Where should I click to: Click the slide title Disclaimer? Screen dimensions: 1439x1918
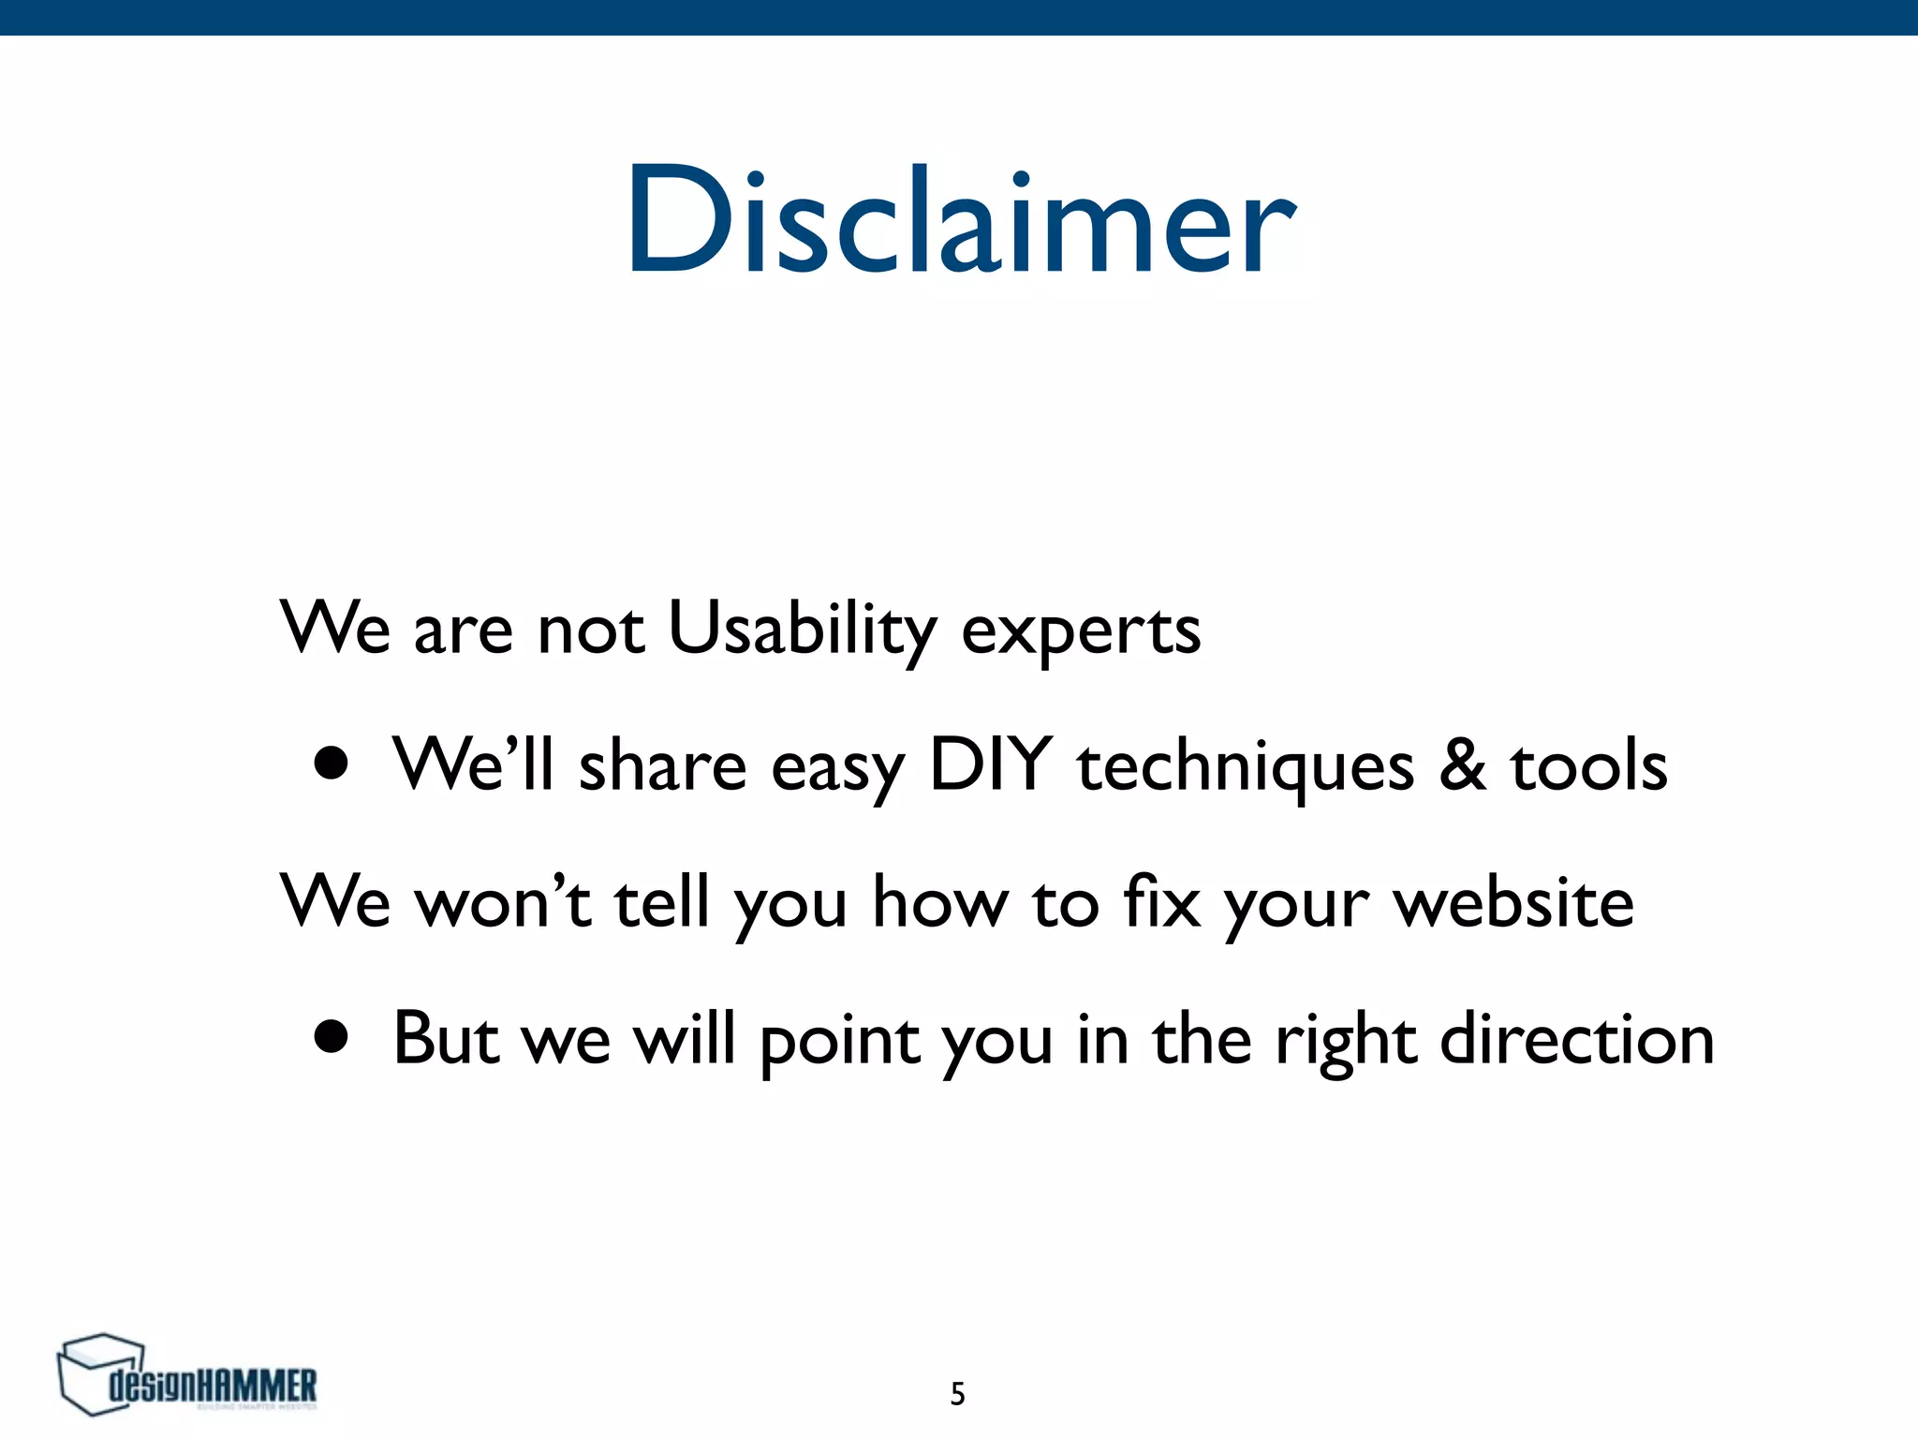(961, 221)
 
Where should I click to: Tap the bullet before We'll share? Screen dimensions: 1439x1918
(332, 764)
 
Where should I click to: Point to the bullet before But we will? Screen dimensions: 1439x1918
(332, 1037)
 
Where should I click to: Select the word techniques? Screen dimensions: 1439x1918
(1245, 767)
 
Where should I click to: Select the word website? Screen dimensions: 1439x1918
(1513, 902)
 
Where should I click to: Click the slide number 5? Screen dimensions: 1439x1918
(957, 1394)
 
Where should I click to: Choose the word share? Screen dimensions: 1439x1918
(662, 766)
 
